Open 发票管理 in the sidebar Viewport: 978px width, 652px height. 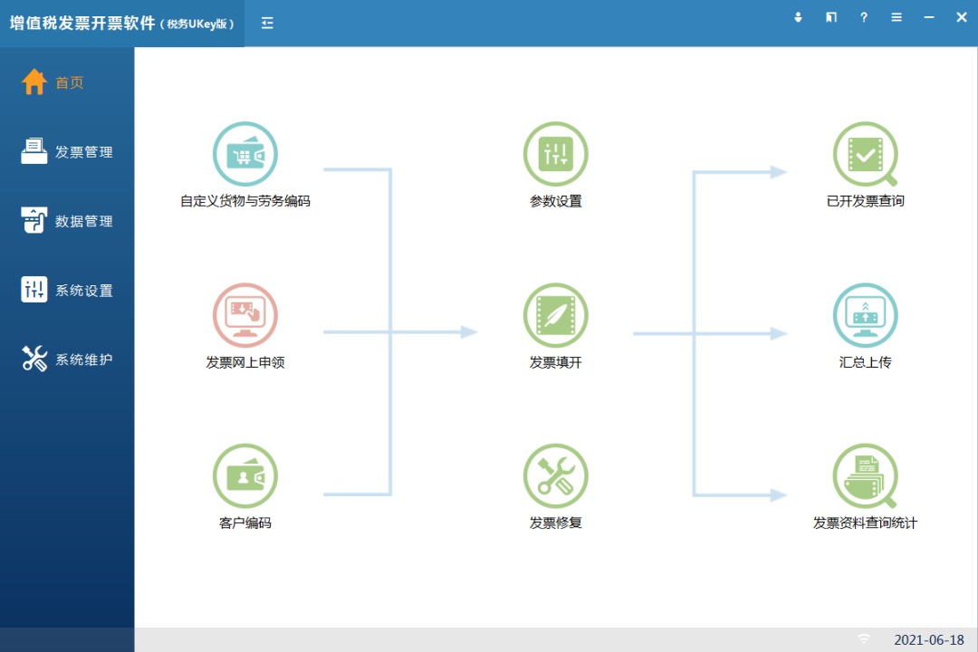68,151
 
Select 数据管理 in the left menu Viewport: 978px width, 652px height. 68,221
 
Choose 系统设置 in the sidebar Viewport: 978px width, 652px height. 68,291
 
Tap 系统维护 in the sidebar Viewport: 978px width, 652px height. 68,360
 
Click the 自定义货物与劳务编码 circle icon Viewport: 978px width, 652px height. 244,155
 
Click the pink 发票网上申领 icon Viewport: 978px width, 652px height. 244,316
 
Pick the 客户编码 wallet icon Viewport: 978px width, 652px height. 244,476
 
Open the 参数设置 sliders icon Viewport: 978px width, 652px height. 555,155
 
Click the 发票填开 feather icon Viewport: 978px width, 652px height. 555,316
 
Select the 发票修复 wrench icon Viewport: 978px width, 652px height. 555,476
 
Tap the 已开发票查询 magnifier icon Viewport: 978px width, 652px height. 866,155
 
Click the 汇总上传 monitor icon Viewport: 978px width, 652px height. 866,316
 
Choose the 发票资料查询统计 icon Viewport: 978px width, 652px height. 866,476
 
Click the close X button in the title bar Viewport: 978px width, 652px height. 962,17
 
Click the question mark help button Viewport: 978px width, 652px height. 864,17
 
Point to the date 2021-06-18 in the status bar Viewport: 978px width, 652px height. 929,640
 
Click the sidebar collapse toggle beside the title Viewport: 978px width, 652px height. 267,23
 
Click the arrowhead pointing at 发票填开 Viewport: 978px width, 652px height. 468,332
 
